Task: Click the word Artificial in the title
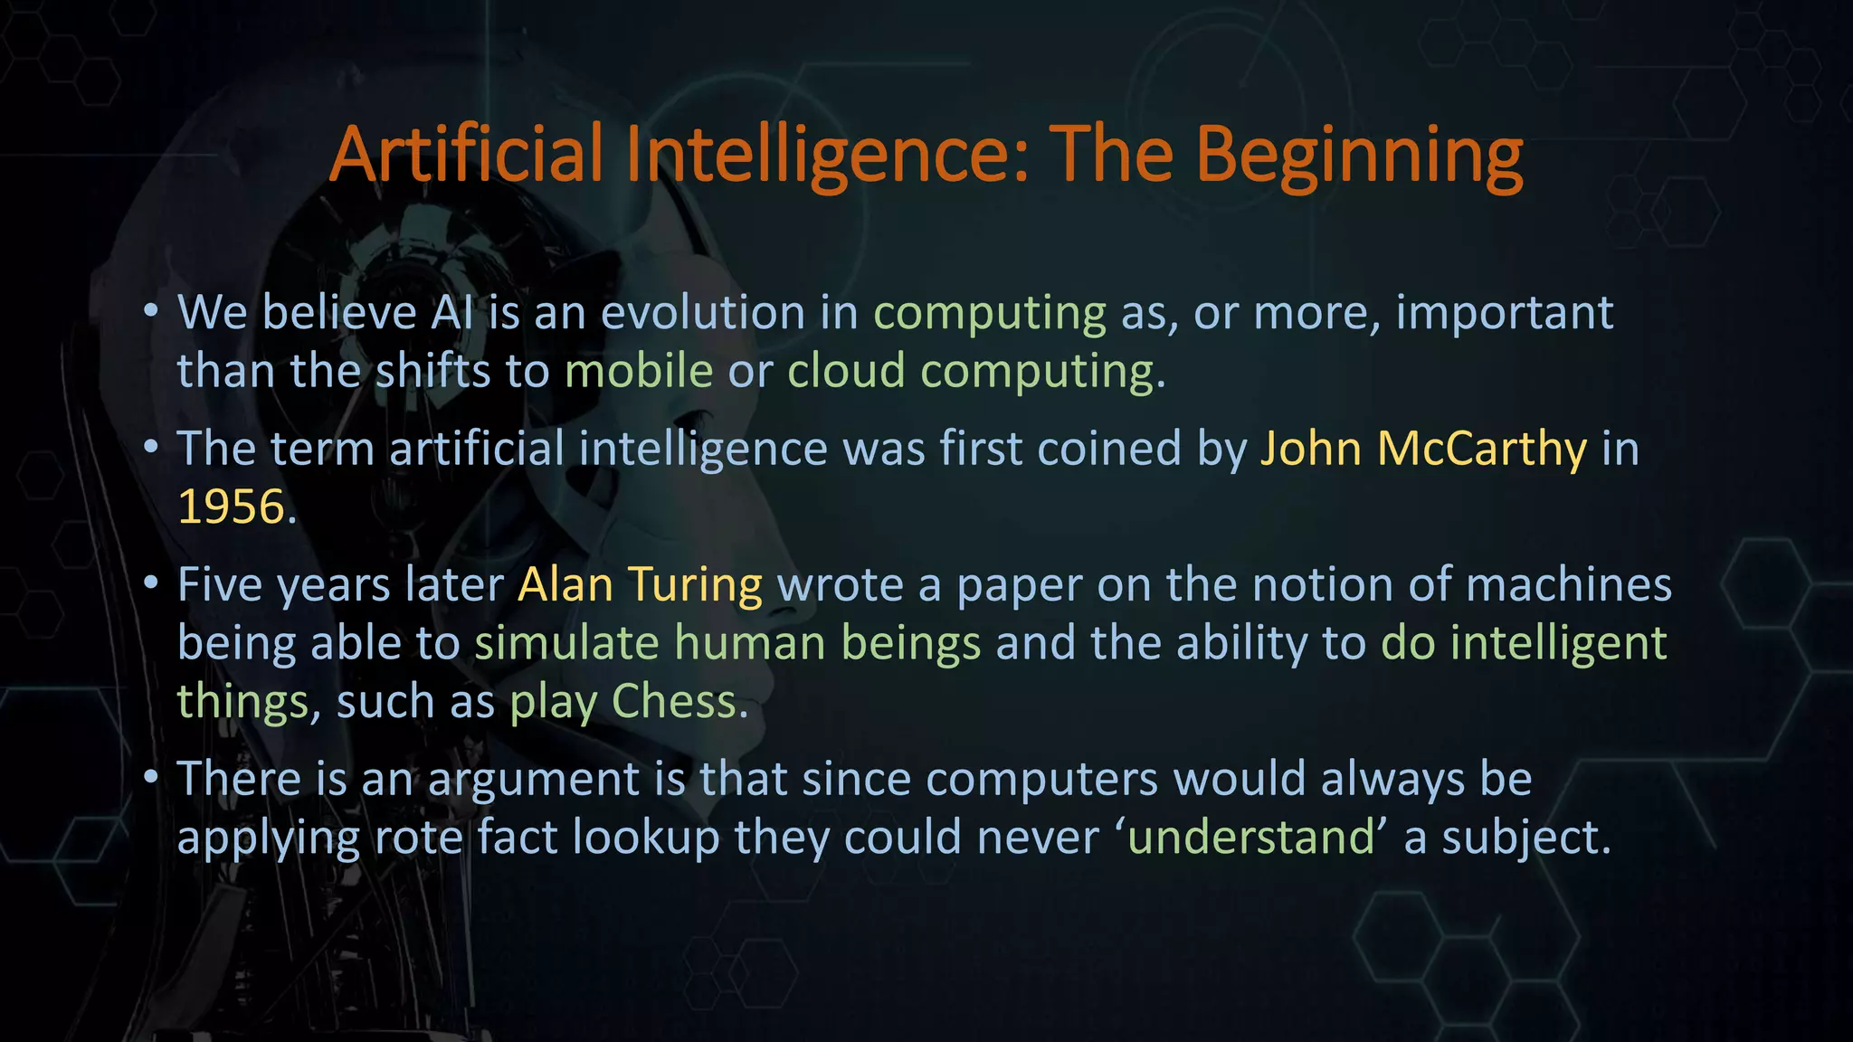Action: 466,155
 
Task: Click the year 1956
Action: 232,507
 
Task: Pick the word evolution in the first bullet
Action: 703,313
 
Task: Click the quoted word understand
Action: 1252,837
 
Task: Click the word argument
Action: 533,780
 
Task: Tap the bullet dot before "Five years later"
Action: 151,583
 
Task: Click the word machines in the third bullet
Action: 1569,585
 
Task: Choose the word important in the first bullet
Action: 1505,313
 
